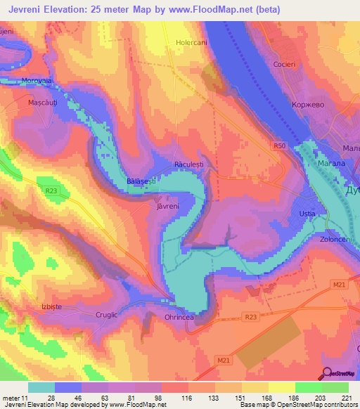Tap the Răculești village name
188,165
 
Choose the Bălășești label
142,181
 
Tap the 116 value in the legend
187,398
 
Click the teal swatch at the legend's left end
41,387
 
